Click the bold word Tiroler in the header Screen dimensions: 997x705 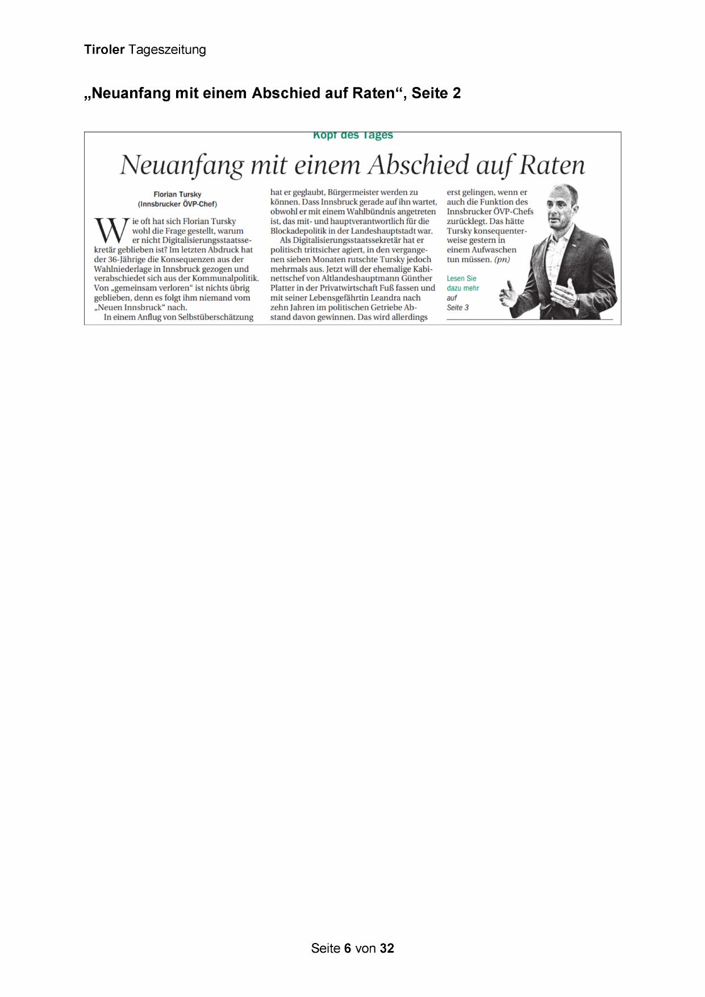pos(104,49)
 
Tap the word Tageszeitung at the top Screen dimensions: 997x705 pos(167,50)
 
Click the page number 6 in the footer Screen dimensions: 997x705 pos(347,948)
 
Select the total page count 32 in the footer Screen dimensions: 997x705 pos(387,948)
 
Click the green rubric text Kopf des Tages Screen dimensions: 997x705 pos(353,135)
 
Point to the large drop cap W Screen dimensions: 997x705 pos(112,231)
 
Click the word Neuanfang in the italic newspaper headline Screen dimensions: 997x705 pos(182,165)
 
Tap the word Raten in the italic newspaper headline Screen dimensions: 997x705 pos(552,165)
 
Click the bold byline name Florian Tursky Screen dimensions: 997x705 pos(177,194)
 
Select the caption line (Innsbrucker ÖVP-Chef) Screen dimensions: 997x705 pos(177,204)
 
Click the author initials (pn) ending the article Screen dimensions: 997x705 pos(502,260)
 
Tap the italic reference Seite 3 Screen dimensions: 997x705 pos(458,308)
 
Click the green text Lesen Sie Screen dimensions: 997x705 pos(461,279)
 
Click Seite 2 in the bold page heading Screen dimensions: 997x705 pos(436,93)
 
